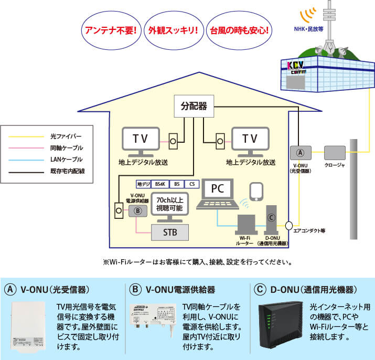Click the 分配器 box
[x=194, y=107]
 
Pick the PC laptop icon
[x=217, y=194]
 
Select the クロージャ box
[x=335, y=153]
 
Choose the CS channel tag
[x=192, y=184]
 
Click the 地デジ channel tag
[x=143, y=184]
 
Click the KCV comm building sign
[x=299, y=67]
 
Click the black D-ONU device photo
[x=280, y=324]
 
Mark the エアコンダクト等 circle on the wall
[x=288, y=226]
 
